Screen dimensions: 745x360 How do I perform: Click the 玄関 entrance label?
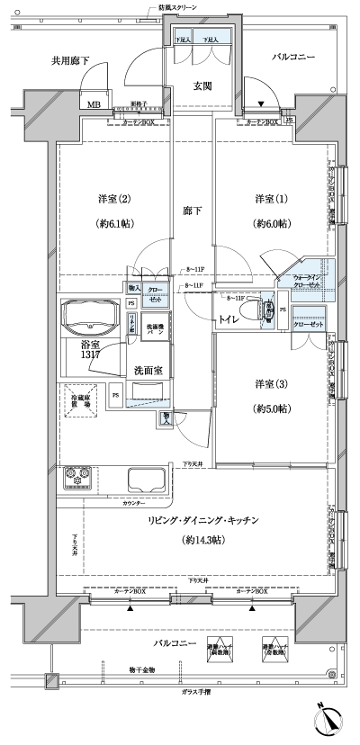[202, 86]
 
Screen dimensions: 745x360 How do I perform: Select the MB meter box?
[94, 103]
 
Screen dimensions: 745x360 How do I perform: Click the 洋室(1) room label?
[271, 198]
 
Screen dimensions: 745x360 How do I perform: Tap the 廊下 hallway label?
[193, 211]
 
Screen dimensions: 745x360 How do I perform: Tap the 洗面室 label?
[148, 368]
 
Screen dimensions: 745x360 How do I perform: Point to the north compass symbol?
[330, 719]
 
